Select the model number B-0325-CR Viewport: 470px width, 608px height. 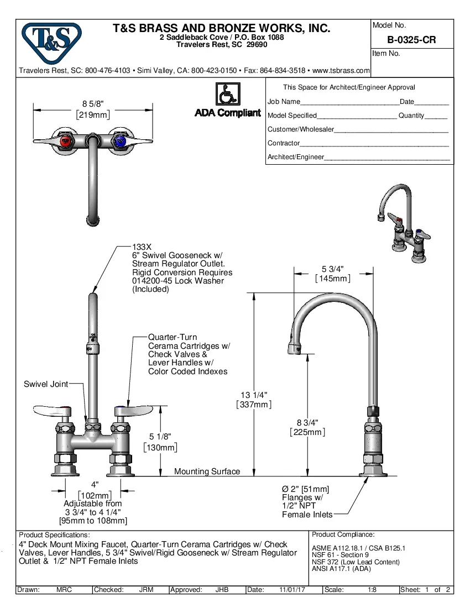411,40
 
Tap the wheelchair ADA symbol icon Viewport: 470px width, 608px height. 227,94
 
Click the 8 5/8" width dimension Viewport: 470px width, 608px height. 92,104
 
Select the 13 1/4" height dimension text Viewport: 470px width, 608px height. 254,395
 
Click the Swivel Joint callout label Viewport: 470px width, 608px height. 46,384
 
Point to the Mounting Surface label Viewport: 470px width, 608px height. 207,471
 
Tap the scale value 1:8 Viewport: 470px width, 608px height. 373,590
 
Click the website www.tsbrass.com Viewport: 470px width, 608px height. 341,71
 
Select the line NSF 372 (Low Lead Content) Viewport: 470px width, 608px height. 356,562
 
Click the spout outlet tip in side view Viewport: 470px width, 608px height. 294,348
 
